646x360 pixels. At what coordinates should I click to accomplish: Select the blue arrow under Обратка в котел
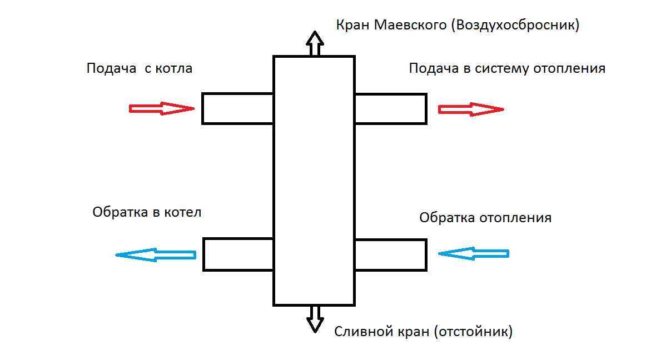[156, 255]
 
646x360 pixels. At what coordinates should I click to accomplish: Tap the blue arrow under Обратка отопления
[474, 253]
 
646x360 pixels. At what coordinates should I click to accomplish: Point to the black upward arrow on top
[315, 43]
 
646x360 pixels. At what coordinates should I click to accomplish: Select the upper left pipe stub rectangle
[237, 108]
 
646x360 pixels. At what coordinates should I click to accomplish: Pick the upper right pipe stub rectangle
[390, 108]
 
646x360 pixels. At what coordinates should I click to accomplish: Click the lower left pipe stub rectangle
[238, 254]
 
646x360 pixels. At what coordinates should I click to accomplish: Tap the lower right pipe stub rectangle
[390, 254]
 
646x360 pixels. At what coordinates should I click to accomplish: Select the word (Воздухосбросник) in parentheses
[516, 25]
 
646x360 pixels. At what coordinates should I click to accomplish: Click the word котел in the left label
[183, 212]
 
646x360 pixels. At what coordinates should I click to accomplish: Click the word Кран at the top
[350, 25]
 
